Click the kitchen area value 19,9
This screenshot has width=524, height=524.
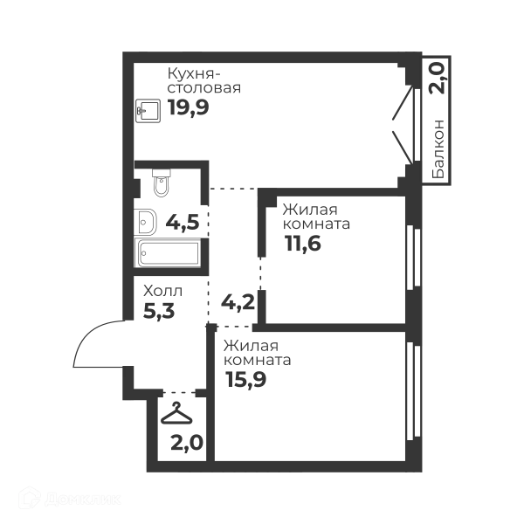pyautogui.click(x=189, y=107)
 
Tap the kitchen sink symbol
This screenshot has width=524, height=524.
pyautogui.click(x=148, y=110)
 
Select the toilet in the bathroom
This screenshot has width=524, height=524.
pyautogui.click(x=162, y=183)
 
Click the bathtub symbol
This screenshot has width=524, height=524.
pyautogui.click(x=168, y=252)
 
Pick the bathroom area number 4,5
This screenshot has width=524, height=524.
pyautogui.click(x=183, y=222)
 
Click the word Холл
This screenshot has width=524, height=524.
pyautogui.click(x=162, y=291)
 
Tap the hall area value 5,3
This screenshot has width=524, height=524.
pyautogui.click(x=159, y=311)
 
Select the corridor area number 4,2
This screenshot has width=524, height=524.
pyautogui.click(x=238, y=302)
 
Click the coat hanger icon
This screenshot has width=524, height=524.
pyautogui.click(x=176, y=414)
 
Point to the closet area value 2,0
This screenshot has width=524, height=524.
pyautogui.click(x=187, y=443)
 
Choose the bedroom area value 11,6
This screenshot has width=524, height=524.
pyautogui.click(x=303, y=244)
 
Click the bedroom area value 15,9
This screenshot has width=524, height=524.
pyautogui.click(x=246, y=379)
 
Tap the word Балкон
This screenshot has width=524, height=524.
pyautogui.click(x=438, y=148)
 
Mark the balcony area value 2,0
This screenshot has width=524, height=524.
pyautogui.click(x=438, y=79)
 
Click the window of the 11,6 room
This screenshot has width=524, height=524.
pyautogui.click(x=414, y=258)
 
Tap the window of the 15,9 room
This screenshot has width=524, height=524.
pyautogui.click(x=414, y=391)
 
